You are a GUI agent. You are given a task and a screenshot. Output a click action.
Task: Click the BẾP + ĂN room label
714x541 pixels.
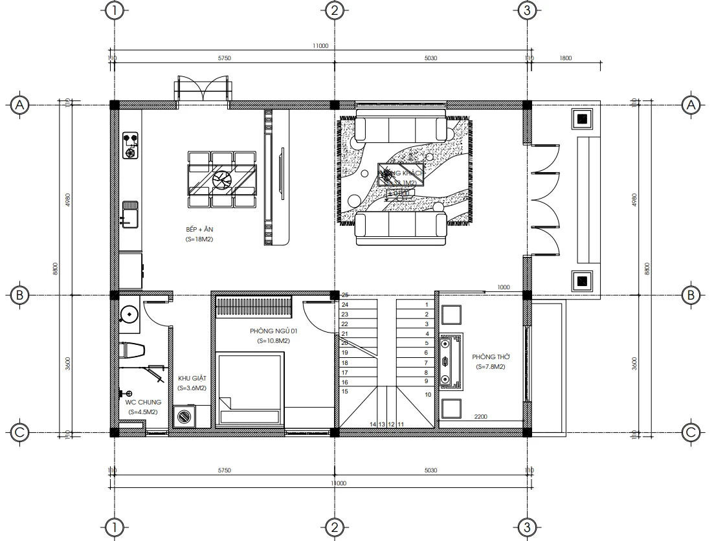point(199,230)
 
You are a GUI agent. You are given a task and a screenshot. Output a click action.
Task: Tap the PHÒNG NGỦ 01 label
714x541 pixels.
point(273,331)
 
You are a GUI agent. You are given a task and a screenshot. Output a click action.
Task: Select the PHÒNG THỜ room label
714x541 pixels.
point(489,357)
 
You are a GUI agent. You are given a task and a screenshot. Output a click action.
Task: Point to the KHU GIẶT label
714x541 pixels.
point(192,379)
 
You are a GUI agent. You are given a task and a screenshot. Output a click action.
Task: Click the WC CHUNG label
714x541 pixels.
point(143,403)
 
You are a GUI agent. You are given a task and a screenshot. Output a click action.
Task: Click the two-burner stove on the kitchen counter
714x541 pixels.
point(131,146)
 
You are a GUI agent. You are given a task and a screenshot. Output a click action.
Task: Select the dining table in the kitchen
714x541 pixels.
point(221,179)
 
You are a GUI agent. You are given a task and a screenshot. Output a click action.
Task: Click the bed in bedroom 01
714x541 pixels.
point(250,388)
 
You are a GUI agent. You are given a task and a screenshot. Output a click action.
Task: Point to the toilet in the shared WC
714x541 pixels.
point(133,349)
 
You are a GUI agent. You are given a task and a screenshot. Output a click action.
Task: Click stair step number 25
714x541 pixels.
point(345,295)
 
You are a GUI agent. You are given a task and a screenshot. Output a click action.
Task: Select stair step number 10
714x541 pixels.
point(427,394)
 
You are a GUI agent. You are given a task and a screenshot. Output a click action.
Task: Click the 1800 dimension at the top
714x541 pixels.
point(564,58)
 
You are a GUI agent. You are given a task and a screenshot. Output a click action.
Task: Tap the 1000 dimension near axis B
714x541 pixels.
point(504,287)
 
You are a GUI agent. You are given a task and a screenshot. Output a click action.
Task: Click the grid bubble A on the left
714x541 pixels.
point(20,104)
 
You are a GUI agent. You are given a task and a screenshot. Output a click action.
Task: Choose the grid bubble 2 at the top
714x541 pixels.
point(333,11)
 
